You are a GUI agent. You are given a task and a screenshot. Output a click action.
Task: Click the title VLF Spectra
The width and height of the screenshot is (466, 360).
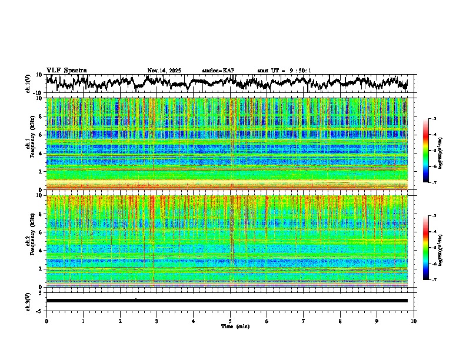66,70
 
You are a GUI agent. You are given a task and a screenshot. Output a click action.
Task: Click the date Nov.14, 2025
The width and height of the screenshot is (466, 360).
164,71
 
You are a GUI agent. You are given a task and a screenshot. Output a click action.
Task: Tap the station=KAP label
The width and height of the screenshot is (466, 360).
218,71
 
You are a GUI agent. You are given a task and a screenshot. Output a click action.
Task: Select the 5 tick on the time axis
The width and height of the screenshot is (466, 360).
230,321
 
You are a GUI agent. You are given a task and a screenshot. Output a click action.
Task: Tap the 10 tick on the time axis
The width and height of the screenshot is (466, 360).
414,321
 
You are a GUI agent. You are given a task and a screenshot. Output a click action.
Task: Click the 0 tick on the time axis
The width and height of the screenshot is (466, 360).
46,321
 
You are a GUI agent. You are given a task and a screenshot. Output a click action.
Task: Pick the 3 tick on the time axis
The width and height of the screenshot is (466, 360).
157,321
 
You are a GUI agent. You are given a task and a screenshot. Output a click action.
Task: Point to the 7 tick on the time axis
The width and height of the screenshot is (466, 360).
304,321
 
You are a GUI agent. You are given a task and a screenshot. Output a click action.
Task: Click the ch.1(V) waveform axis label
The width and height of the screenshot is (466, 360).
28,84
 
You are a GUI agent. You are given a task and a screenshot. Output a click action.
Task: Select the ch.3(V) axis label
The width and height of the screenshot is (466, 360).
28,301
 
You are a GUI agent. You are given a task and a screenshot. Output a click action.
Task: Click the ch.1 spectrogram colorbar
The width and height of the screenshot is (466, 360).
426,151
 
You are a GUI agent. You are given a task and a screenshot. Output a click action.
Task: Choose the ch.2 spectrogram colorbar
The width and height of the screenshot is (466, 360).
426,248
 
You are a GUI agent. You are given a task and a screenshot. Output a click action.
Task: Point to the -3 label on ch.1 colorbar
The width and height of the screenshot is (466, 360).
434,119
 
